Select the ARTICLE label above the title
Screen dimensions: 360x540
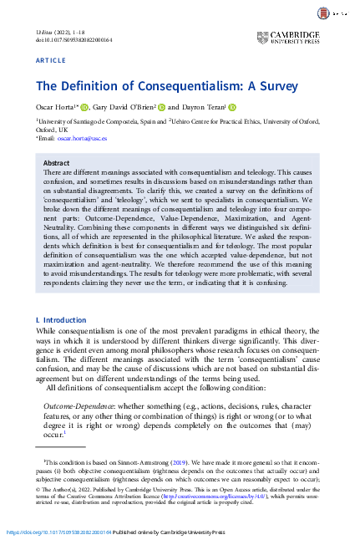click(x=50, y=61)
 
